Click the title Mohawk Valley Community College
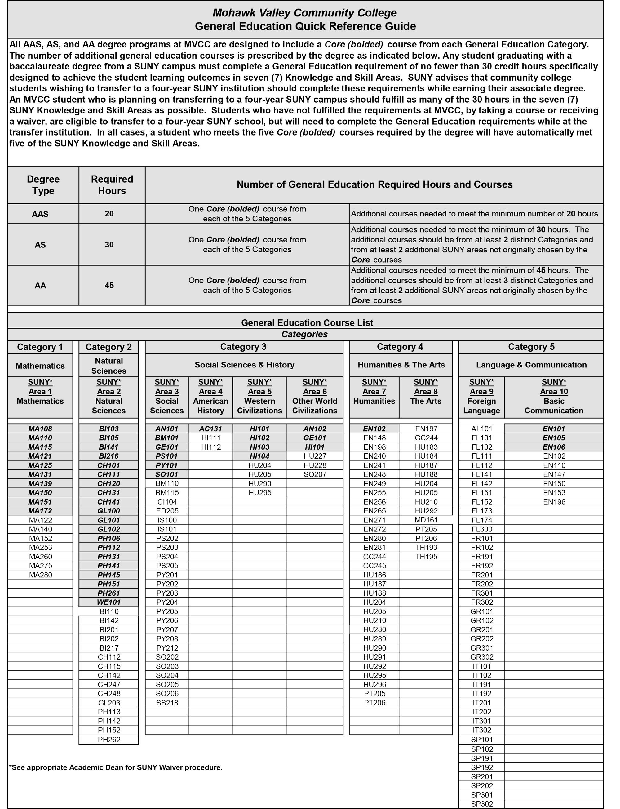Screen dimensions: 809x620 click(304, 13)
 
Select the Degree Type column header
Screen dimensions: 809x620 click(43, 185)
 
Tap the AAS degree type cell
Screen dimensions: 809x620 click(40, 214)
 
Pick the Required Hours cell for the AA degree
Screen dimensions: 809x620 click(109, 285)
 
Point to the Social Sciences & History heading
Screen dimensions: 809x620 click(244, 365)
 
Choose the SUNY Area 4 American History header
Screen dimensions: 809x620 click(210, 396)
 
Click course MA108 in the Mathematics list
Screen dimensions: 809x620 click(40, 429)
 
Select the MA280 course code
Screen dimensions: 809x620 click(40, 575)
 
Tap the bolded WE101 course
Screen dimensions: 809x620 click(109, 602)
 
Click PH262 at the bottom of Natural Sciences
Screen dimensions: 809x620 click(109, 739)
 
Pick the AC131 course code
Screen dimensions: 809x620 click(210, 429)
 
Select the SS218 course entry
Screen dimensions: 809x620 click(167, 703)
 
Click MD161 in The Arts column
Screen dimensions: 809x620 click(426, 520)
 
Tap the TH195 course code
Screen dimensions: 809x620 click(426, 557)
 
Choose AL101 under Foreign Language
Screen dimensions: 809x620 click(482, 429)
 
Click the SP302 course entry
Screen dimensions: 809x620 click(482, 804)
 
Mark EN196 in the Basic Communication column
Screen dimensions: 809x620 click(554, 502)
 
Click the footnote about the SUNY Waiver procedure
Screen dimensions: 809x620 click(116, 768)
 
